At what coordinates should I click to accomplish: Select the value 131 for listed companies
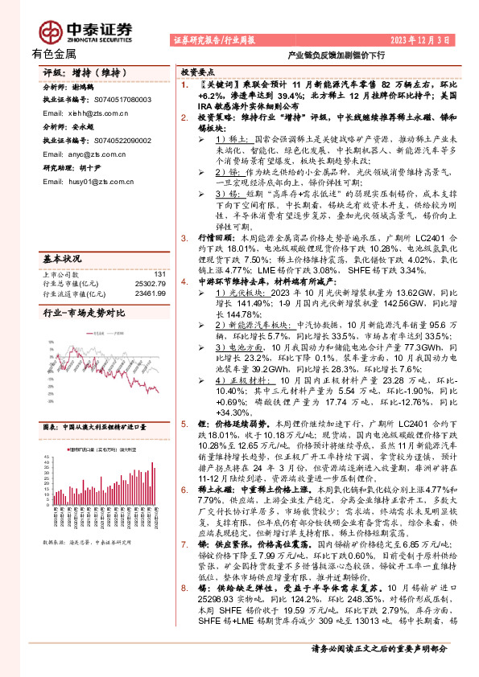coord(159,252)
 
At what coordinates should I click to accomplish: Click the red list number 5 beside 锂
coord(184,421)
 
